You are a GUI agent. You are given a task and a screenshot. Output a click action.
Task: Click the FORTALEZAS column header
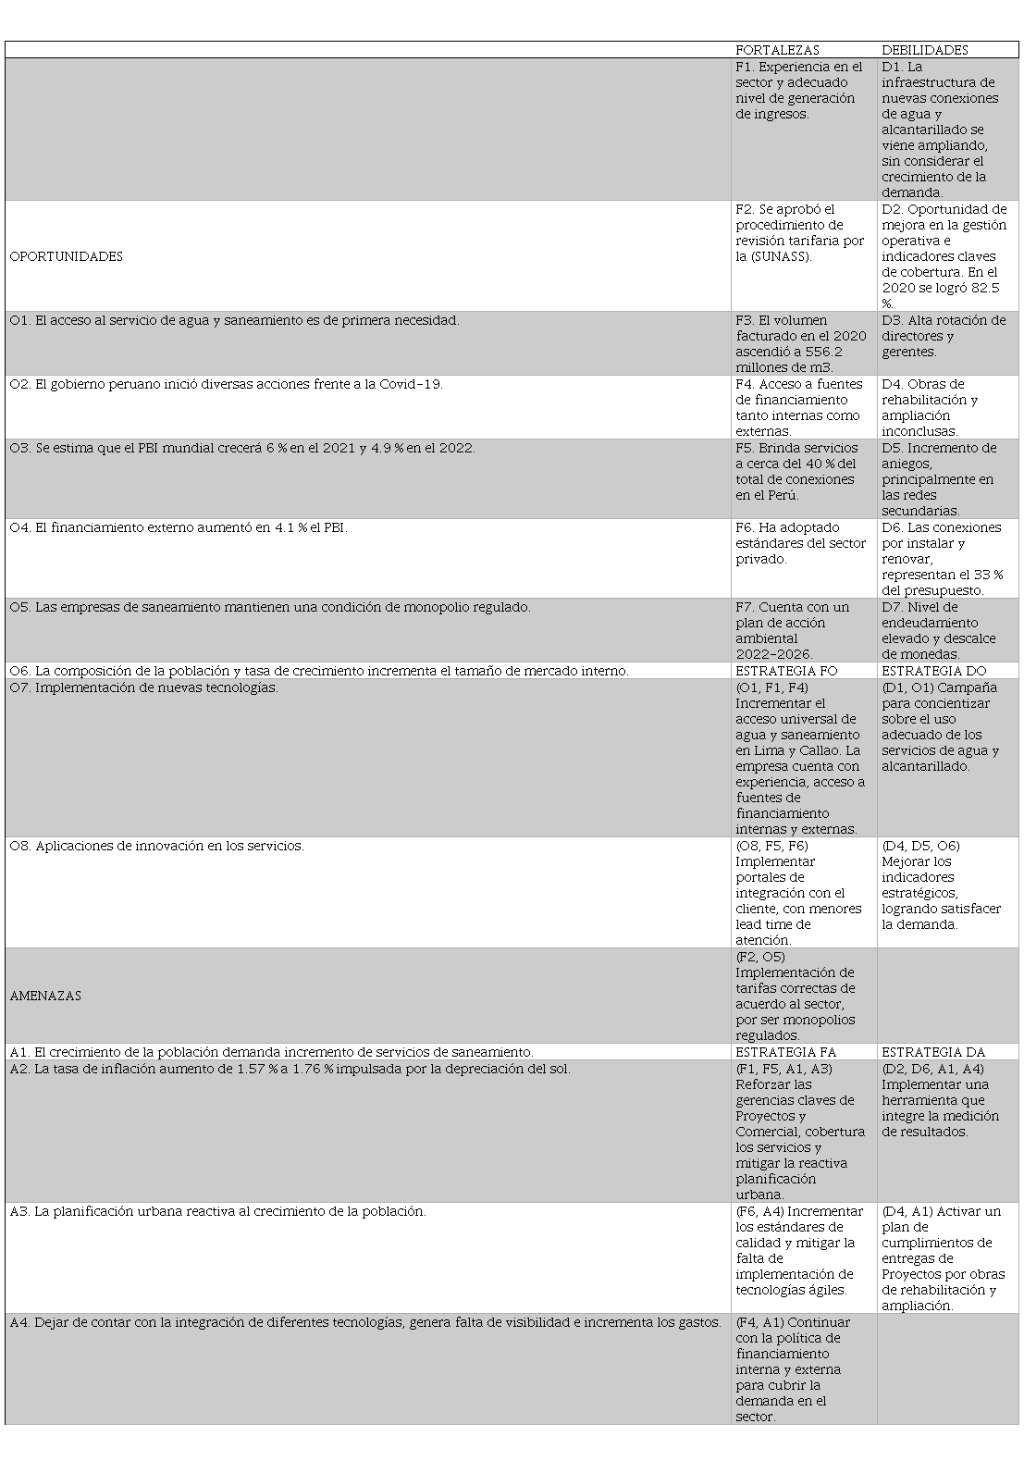pos(777,50)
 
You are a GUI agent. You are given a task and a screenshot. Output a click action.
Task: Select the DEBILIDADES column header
pos(924,50)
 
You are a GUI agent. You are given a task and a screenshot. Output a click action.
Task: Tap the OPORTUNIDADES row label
pos(67,256)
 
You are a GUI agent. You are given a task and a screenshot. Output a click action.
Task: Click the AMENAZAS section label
pos(45,996)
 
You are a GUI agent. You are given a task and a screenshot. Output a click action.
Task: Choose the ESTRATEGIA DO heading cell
pos(933,671)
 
